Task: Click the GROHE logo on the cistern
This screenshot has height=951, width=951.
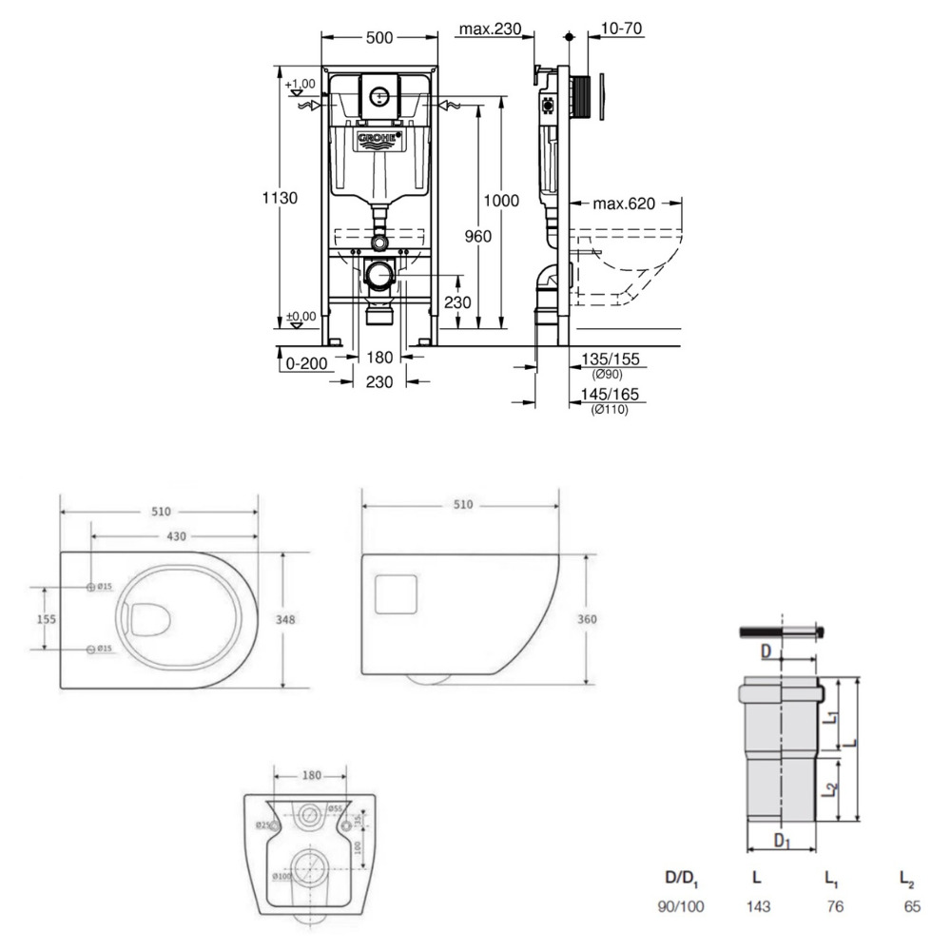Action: pos(378,141)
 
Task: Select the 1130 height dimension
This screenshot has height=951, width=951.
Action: pos(281,198)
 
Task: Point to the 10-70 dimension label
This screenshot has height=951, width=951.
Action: pos(623,29)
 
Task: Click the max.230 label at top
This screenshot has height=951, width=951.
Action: pos(490,29)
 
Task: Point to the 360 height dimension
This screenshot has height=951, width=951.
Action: pos(587,619)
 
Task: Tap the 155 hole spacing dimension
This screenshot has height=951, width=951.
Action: pos(46,618)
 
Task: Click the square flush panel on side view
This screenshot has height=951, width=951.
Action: pos(398,592)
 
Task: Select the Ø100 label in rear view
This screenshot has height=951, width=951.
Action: pos(281,876)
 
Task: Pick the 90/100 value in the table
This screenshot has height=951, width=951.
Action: pos(681,907)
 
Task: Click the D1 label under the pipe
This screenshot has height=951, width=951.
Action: pos(781,841)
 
